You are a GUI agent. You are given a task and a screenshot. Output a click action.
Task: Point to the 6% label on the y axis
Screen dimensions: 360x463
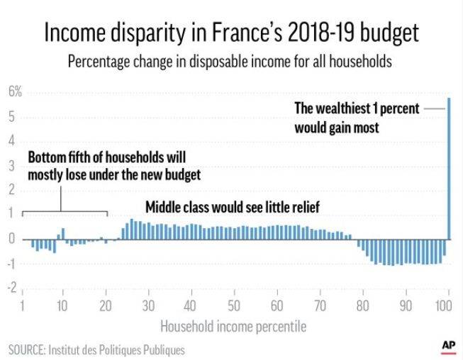click(15, 91)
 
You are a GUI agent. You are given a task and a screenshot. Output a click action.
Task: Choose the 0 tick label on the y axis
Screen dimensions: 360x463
click(12, 239)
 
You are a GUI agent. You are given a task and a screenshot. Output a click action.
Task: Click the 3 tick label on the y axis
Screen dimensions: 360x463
click(12, 165)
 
